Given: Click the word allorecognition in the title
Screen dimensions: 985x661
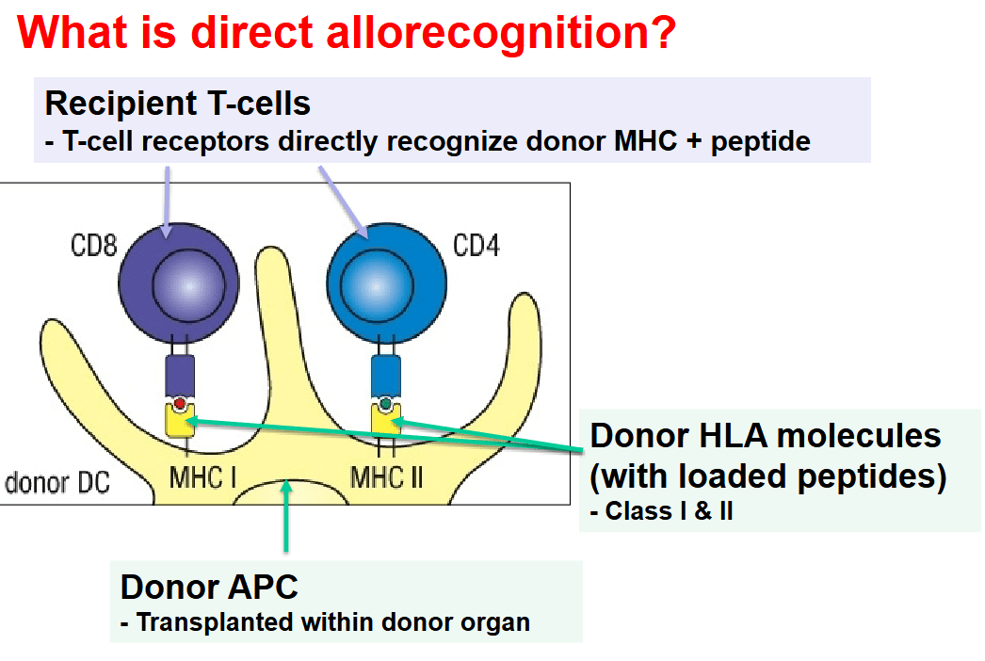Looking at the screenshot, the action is click(x=501, y=33).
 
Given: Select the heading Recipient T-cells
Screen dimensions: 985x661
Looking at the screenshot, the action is click(x=178, y=103).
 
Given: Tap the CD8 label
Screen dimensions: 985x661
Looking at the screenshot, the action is click(x=93, y=245).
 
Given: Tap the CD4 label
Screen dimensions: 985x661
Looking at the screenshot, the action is click(x=476, y=245).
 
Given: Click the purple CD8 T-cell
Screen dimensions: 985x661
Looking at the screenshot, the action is click(x=179, y=283).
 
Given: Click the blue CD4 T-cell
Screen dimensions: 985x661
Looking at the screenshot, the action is click(x=386, y=283).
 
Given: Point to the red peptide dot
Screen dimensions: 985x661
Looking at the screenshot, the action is click(x=180, y=403).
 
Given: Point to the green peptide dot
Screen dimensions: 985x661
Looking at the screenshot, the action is click(x=386, y=403).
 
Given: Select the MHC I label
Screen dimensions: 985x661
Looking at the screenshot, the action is click(x=202, y=478).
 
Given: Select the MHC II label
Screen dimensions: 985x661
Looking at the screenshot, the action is click(x=386, y=478).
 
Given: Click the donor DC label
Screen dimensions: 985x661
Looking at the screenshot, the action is click(x=57, y=483).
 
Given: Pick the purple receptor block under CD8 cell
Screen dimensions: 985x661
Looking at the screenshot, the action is click(x=180, y=377).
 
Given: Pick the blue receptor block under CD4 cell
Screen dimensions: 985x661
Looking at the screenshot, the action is click(x=386, y=377).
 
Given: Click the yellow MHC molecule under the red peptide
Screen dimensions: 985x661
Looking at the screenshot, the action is click(x=180, y=422).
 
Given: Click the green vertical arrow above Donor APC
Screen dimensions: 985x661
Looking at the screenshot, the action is click(x=286, y=516).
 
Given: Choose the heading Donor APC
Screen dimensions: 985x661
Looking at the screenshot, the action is click(x=209, y=587).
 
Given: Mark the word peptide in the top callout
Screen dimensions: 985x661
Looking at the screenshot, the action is click(x=761, y=142).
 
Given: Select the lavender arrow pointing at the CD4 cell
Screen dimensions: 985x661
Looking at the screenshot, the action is click(x=344, y=202).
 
